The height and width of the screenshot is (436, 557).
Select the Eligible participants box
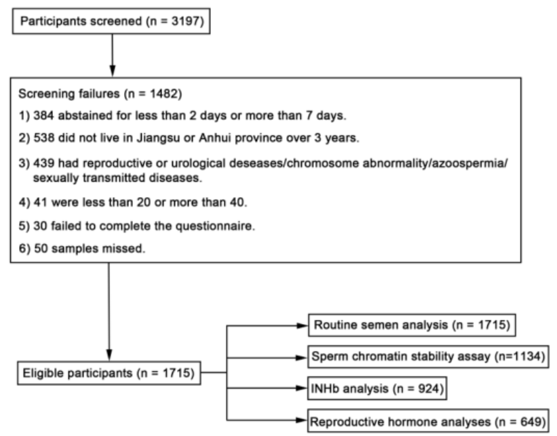point(109,372)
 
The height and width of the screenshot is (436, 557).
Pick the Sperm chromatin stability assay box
point(428,356)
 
